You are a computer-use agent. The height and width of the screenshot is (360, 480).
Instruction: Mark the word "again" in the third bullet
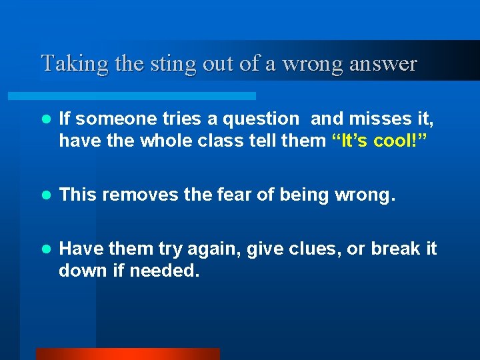(x=216, y=249)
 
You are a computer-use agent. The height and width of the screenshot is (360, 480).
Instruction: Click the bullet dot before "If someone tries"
(x=45, y=119)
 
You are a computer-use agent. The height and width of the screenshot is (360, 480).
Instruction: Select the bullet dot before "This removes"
(x=45, y=195)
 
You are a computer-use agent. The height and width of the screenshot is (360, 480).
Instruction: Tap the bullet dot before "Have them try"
(x=45, y=249)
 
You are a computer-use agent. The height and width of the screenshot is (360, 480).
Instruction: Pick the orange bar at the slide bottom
(x=127, y=354)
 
